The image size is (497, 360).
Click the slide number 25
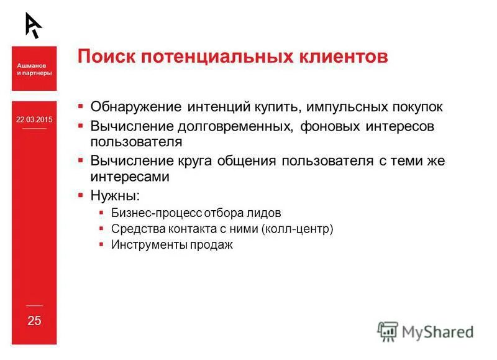pos(34,321)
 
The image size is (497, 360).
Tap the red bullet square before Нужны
pos(81,195)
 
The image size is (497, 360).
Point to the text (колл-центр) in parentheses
pos(298,229)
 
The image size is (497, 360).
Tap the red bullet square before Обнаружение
pos(81,106)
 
